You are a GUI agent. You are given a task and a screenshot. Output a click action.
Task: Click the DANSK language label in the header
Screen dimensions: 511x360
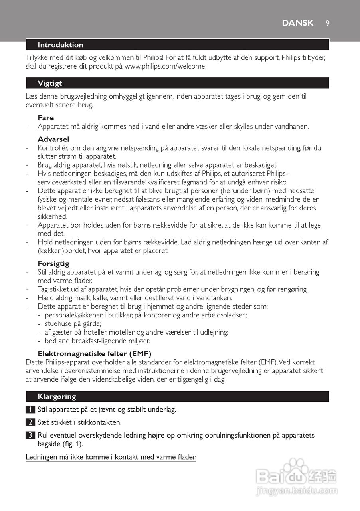point(297,23)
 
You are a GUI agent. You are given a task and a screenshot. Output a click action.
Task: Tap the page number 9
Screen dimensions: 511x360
point(327,23)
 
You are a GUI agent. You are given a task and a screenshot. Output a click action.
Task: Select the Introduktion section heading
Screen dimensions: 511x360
point(60,45)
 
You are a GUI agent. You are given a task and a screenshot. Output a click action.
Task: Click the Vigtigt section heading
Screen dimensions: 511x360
point(50,83)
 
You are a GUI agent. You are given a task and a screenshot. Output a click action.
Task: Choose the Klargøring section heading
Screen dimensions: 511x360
point(57,396)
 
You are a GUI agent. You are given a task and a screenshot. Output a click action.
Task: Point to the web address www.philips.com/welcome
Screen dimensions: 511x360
point(166,66)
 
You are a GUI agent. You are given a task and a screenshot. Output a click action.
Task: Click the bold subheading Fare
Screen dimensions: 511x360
point(46,118)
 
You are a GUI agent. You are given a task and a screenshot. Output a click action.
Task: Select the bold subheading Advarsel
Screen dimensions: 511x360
point(53,139)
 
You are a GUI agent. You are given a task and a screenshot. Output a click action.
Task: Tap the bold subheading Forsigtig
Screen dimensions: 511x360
point(53,263)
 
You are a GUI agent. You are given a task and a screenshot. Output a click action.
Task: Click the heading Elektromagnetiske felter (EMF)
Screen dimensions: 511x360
point(95,353)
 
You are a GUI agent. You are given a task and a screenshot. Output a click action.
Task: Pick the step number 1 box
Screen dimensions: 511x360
point(30,410)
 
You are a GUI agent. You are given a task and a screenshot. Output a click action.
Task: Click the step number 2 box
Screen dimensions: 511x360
point(30,422)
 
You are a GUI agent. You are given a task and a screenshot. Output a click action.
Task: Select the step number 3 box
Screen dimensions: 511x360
point(30,435)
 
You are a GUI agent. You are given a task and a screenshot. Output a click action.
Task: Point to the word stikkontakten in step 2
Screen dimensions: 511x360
point(101,422)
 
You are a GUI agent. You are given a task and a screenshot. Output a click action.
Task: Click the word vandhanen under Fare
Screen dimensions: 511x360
point(291,127)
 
